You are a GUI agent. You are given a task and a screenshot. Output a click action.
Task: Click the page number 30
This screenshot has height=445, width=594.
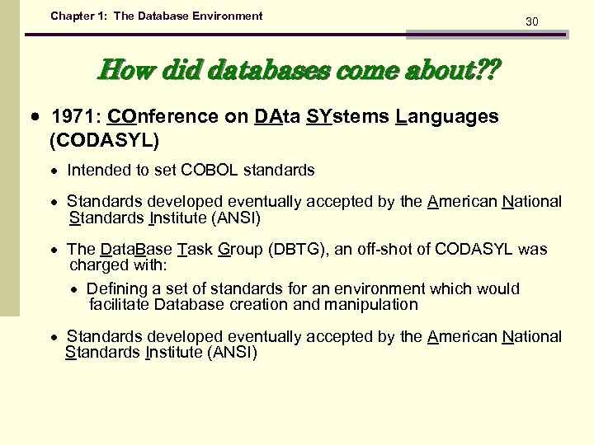pos(532,21)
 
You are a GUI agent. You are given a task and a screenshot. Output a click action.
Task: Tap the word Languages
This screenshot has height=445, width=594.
pos(447,117)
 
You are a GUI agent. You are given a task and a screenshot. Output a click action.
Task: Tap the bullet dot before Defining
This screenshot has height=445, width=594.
pos(74,289)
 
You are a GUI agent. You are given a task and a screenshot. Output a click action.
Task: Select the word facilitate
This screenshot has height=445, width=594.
pos(119,305)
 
